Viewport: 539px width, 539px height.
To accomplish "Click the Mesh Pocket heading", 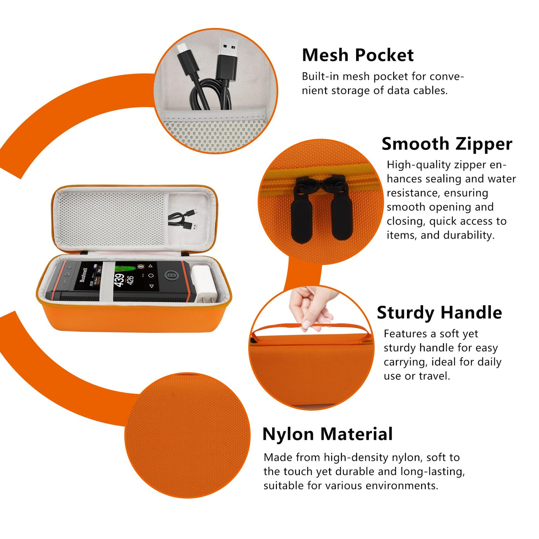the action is pos(357,55).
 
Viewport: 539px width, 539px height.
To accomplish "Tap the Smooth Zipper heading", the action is pos(447,145).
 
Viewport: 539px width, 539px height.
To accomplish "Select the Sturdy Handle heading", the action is pos(439,313).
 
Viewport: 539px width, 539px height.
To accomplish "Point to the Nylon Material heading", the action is pos(328,434).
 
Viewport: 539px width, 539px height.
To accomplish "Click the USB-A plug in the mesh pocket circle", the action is pos(228,60).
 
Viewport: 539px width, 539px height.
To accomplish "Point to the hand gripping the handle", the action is pos(312,307).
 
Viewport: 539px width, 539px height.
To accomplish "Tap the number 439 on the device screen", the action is pos(119,280).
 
